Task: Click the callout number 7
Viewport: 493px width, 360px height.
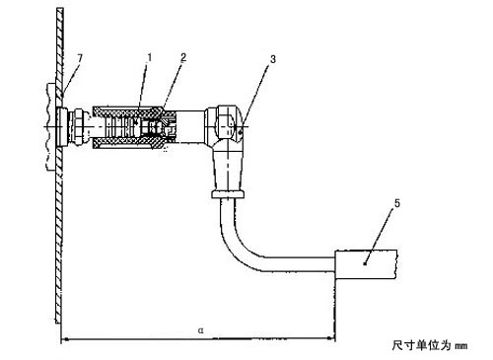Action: [x=80, y=58]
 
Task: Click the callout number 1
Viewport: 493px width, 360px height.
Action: [x=150, y=58]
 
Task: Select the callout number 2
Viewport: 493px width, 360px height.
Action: [x=183, y=57]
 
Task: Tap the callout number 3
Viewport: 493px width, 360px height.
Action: [x=273, y=59]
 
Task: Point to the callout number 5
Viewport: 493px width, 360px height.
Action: [x=397, y=203]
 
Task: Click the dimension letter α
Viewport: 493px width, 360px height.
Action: [x=201, y=329]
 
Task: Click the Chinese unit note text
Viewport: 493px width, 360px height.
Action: [x=430, y=345]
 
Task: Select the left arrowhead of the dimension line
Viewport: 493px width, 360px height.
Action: [x=65, y=338]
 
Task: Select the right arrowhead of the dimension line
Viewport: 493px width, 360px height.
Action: [x=331, y=338]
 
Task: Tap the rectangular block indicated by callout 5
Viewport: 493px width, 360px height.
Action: [x=366, y=264]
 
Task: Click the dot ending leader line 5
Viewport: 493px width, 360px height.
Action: [x=365, y=263]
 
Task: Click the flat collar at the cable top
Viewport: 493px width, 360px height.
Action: [x=228, y=194]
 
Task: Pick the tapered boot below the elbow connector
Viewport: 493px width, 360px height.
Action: [x=228, y=169]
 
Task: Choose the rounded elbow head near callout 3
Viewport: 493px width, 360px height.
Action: [x=227, y=123]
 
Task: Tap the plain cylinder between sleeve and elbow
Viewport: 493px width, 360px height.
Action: [x=191, y=126]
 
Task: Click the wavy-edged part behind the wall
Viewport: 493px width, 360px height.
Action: [x=50, y=126]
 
